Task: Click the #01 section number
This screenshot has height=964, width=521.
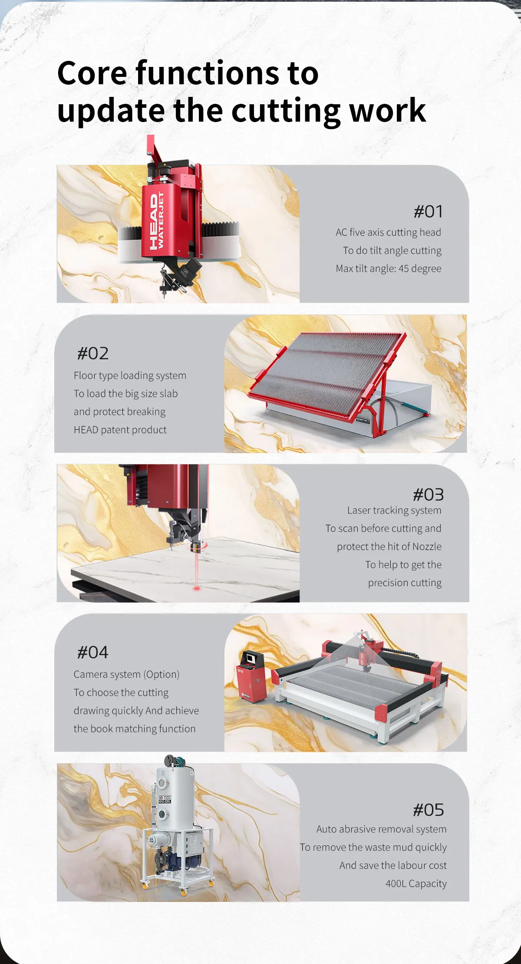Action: click(x=428, y=212)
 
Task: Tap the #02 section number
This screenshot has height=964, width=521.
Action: click(x=93, y=354)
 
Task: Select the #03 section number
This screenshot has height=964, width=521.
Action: click(x=428, y=495)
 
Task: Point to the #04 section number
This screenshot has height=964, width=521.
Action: click(x=92, y=653)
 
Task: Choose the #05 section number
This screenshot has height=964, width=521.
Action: click(x=428, y=810)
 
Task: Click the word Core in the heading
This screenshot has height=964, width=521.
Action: click(x=92, y=73)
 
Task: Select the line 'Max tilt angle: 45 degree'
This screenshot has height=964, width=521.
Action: click(x=389, y=268)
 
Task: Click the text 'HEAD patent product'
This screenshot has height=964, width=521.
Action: click(x=120, y=430)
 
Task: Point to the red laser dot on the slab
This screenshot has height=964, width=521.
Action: click(x=197, y=588)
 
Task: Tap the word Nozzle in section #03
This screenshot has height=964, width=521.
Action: click(x=427, y=547)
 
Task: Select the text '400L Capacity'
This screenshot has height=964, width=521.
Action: click(x=416, y=884)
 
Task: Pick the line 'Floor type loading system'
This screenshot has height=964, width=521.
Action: click(x=130, y=376)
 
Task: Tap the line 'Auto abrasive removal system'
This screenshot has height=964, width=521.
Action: click(x=381, y=829)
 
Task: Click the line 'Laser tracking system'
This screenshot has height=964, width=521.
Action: click(x=394, y=510)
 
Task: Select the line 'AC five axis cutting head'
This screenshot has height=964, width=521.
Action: click(x=388, y=232)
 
